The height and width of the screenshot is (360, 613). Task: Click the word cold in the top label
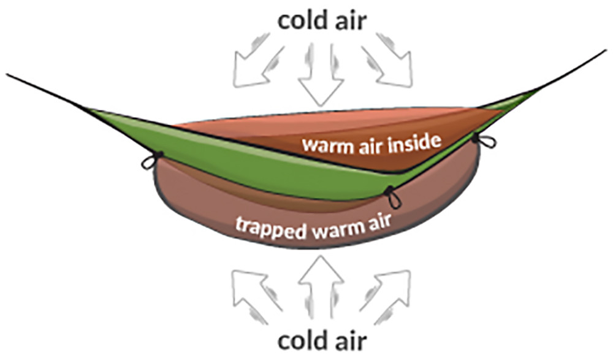(302, 20)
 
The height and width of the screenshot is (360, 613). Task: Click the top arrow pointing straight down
(321, 74)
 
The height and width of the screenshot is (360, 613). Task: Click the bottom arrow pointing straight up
(321, 288)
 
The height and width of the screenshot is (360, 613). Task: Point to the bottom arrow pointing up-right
(385, 296)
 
